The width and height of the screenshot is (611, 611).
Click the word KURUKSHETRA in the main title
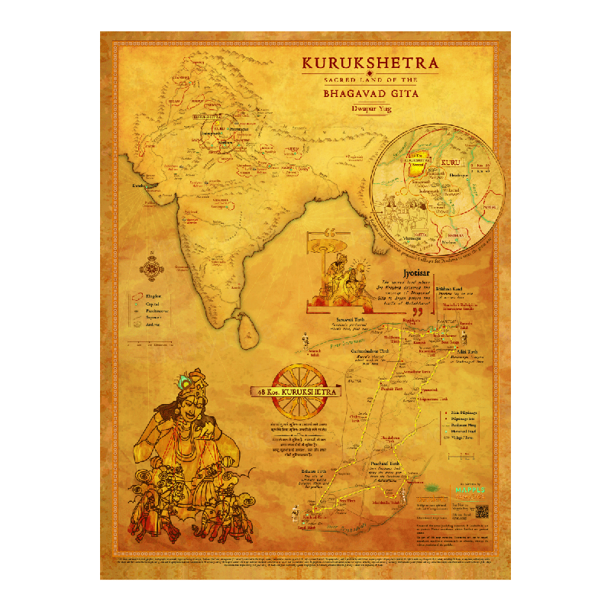tap(370, 63)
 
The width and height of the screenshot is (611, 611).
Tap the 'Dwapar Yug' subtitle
tap(370, 109)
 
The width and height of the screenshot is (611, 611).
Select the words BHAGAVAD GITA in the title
tap(370, 95)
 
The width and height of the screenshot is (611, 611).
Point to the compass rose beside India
tap(152, 268)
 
